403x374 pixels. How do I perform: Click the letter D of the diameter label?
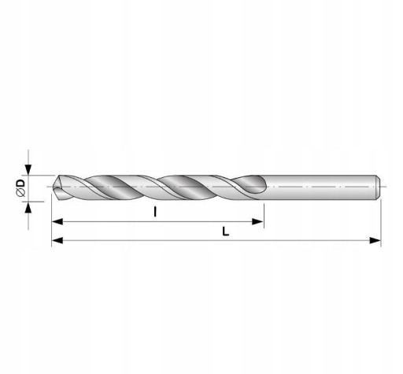tap(21, 183)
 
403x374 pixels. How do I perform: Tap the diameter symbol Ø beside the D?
tap(21, 193)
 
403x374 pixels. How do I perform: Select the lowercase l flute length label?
tap(155, 212)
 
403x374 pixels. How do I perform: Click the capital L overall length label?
tap(226, 231)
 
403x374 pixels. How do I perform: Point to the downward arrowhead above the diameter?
tap(28, 170)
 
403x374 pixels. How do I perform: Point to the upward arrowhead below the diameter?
tap(28, 207)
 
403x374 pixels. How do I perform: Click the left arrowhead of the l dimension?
tap(57, 221)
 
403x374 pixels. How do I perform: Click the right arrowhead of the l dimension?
tap(257, 221)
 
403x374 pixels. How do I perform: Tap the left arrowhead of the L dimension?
tap(57, 240)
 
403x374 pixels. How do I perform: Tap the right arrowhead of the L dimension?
tap(375, 240)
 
